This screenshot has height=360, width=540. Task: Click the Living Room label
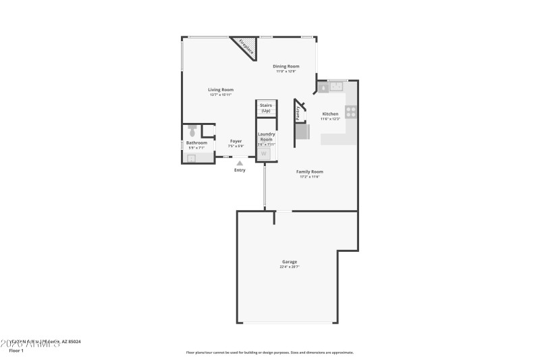[x=221, y=90]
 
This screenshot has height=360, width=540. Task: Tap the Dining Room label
[x=286, y=66]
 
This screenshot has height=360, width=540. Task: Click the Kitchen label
[x=330, y=114]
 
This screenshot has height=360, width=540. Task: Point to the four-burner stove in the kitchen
[x=351, y=112]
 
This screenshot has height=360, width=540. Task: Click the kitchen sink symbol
[x=335, y=86]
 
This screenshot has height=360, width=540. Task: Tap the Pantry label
[x=298, y=113]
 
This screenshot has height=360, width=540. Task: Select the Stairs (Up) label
[x=265, y=107]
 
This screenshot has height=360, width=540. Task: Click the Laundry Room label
[x=266, y=136]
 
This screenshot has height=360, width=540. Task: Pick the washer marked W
[x=265, y=153]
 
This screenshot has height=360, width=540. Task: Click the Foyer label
[x=236, y=141]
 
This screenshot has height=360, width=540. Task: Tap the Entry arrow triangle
[x=240, y=163]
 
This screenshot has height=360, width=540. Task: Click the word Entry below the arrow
[x=240, y=170]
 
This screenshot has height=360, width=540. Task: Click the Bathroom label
[x=196, y=143]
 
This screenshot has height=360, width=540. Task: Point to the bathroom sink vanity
[x=191, y=158]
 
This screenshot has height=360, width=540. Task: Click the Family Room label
[x=310, y=172]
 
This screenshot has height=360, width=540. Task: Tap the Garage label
[x=290, y=261]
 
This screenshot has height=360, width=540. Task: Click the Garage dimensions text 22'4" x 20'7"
[x=290, y=267]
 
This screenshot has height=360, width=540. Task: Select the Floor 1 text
[x=16, y=351]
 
